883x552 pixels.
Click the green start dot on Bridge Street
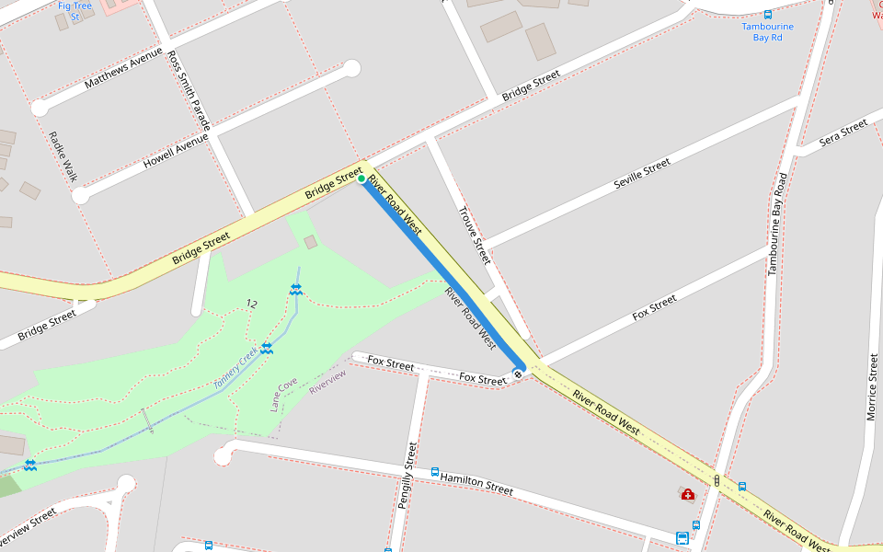pos(361,178)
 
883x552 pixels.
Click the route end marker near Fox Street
pos(519,373)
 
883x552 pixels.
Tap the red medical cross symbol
pos(688,495)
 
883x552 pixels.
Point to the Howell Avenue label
pos(176,151)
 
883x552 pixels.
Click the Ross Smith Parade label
pos(189,89)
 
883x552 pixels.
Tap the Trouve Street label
pos(474,235)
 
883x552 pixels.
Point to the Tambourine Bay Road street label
pos(777,224)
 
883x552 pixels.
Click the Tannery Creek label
pos(235,369)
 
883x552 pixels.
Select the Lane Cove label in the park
pos(283,394)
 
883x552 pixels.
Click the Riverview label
pos(327,382)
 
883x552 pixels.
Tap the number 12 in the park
pos(252,303)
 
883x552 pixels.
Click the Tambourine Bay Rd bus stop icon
pos(768,14)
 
